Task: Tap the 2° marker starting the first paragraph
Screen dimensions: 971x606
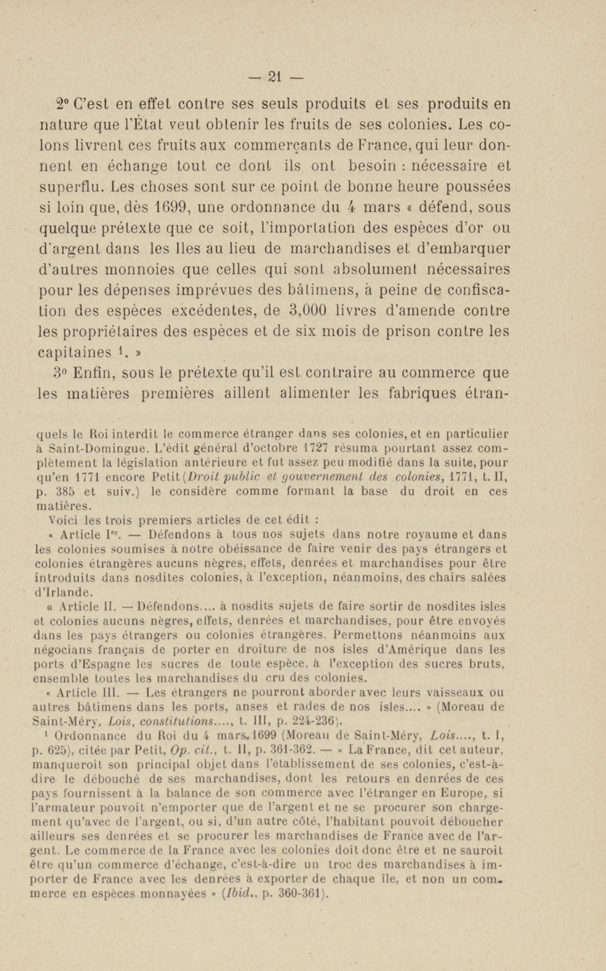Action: (x=63, y=104)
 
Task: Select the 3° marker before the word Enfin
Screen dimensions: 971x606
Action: (x=63, y=373)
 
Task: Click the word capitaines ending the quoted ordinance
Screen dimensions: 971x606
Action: (x=75, y=352)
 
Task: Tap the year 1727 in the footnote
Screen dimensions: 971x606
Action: (x=321, y=448)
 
